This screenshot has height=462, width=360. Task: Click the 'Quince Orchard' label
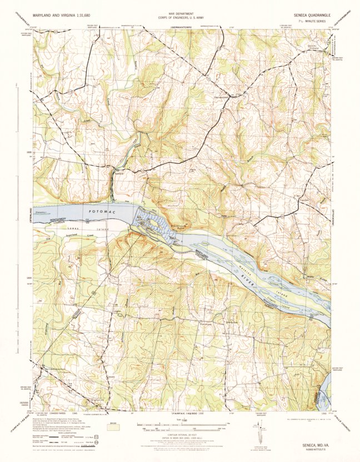pyautogui.click(x=315, y=48)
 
